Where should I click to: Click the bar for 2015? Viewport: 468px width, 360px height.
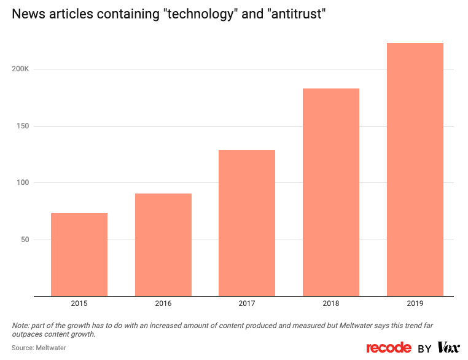coord(79,254)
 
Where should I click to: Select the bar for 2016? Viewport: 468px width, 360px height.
coord(163,245)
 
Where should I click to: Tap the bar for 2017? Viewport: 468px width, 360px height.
coord(247,222)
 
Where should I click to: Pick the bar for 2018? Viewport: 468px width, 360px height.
coord(330,192)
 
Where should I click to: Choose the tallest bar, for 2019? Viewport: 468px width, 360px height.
coord(415,169)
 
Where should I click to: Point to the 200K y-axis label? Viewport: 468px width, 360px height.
coord(20,69)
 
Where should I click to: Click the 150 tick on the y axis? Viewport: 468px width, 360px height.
coord(23,126)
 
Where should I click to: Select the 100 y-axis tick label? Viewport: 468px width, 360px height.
coord(23,183)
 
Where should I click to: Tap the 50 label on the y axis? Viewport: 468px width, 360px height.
coord(25,240)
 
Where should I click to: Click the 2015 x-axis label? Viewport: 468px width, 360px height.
coord(79,303)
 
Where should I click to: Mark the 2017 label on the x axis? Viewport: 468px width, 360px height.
coord(247,303)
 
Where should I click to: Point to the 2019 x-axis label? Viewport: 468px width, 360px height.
coord(415,303)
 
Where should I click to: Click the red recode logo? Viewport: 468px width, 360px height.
coord(388,348)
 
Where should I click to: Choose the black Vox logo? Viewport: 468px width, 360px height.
coord(448,348)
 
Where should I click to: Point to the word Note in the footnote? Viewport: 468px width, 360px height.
coord(20,325)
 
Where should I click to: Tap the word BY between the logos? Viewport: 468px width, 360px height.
coord(424,348)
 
